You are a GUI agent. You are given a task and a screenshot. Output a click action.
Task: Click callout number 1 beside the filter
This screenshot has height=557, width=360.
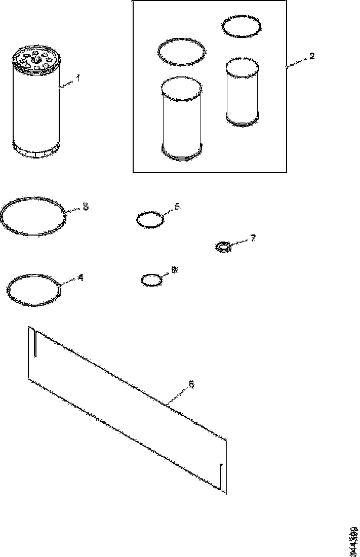[78, 78]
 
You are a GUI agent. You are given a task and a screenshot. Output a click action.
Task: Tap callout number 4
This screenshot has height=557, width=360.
[80, 277]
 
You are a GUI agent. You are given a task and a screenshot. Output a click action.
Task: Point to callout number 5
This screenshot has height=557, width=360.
[177, 207]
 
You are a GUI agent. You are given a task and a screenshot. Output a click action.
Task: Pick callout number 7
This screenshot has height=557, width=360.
[253, 237]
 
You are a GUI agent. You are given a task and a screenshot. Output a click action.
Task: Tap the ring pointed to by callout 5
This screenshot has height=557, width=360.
[150, 220]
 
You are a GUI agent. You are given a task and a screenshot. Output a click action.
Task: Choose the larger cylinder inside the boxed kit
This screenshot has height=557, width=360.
[181, 119]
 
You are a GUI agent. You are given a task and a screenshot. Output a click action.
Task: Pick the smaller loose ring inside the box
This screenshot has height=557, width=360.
[243, 27]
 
